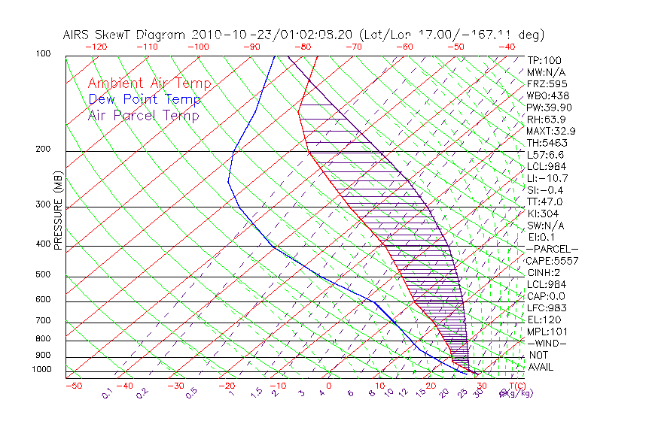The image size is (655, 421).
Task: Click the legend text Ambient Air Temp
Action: (149, 83)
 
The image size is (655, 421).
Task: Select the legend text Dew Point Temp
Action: (144, 99)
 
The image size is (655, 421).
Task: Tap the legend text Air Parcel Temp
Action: (143, 115)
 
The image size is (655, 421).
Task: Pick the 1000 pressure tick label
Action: (42, 370)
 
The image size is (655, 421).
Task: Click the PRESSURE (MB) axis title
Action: (57, 210)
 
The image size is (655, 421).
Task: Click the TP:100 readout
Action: (544, 60)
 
